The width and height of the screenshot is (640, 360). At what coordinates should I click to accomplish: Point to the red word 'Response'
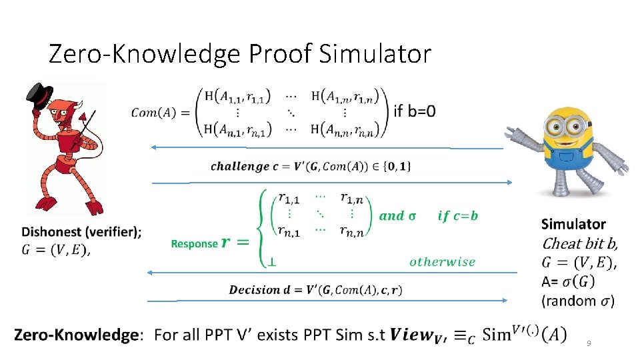(194, 244)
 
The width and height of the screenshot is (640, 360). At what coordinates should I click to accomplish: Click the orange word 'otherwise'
(442, 262)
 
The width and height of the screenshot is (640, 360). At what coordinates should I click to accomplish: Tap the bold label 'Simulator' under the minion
(573, 225)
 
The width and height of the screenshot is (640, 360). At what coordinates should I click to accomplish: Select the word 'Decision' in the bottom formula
(255, 290)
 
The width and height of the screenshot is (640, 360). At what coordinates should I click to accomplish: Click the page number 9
(589, 343)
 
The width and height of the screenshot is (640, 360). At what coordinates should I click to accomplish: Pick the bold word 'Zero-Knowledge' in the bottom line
(75, 335)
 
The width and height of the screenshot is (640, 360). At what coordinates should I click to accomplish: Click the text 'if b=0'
(415, 111)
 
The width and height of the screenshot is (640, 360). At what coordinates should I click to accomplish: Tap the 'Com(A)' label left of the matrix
(153, 112)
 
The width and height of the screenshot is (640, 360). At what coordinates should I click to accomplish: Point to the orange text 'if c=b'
(457, 215)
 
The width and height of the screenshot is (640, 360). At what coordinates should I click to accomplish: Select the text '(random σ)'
(578, 301)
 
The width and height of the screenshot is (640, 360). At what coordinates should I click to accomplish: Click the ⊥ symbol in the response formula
(272, 263)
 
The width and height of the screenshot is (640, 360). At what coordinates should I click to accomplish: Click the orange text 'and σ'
(397, 215)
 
